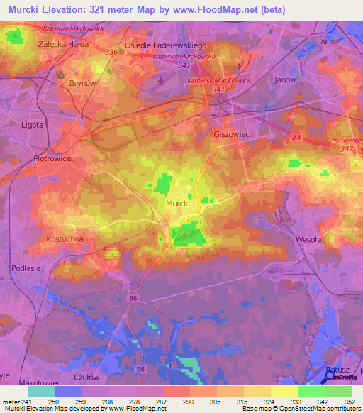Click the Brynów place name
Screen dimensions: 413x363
82,83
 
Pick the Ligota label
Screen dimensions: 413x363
33,125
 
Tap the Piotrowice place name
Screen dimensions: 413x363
52,159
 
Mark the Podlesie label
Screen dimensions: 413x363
26,268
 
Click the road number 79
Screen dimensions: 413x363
323,43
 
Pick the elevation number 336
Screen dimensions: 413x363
111,53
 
